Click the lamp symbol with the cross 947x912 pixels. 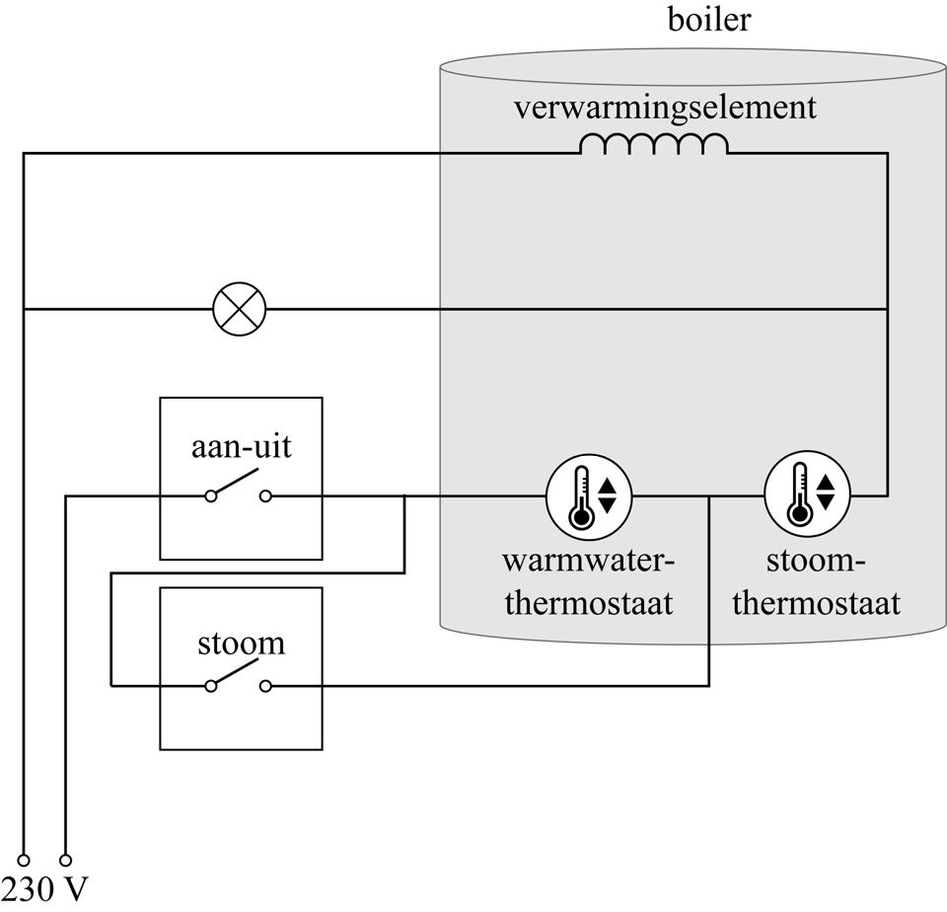click(240, 309)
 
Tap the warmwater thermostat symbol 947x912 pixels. click(589, 496)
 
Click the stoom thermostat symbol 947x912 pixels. click(807, 496)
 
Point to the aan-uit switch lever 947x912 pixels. click(237, 485)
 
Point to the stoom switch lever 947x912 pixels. click(237, 674)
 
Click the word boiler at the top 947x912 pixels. click(708, 20)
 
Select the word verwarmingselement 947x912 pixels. click(664, 107)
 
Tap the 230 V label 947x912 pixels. click(46, 888)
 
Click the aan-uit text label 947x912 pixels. click(241, 446)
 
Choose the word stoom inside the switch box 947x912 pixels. click(241, 644)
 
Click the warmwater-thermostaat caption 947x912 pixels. click(589, 582)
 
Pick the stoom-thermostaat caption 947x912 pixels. click(816, 582)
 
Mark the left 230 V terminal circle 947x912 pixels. click(24, 860)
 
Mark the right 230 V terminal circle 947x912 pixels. click(66, 860)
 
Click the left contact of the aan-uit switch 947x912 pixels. click(211, 496)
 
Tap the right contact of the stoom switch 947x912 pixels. click(265, 686)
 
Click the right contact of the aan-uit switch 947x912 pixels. click(265, 496)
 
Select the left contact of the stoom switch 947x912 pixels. click(211, 686)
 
